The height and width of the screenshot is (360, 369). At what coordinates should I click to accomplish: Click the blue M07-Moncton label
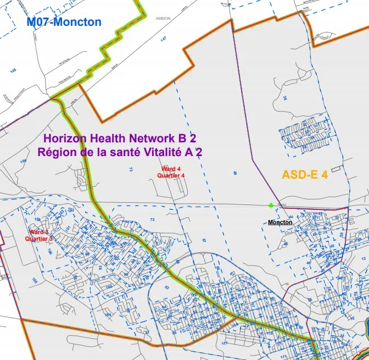tap(64, 22)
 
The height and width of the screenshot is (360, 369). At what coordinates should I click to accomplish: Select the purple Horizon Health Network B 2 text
tap(120, 139)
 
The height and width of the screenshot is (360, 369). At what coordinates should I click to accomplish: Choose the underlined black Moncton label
tap(279, 222)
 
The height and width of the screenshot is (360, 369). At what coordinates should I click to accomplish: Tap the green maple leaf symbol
tap(271, 206)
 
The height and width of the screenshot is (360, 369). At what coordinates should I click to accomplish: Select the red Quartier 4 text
tap(170, 175)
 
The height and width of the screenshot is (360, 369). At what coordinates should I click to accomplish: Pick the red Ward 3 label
tap(39, 233)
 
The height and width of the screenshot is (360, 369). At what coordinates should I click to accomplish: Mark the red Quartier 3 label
tap(39, 239)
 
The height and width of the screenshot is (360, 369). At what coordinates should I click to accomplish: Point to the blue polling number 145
tap(13, 70)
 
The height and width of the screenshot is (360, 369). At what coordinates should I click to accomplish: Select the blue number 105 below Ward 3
tap(34, 280)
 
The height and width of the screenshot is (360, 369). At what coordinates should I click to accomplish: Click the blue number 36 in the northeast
tap(285, 99)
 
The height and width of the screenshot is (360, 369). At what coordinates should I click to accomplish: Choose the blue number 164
tap(108, 315)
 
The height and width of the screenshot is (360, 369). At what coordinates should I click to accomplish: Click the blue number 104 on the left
tap(23, 161)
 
